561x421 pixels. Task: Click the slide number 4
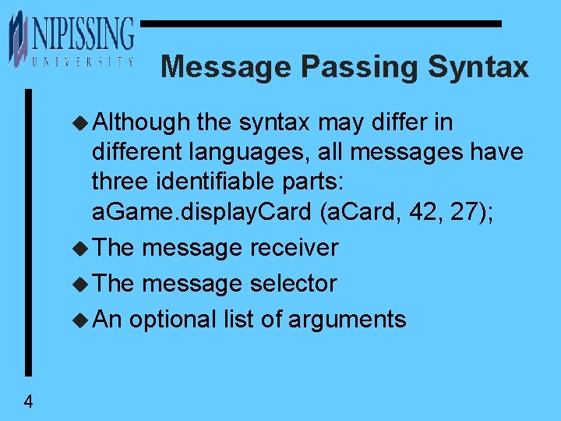(x=28, y=402)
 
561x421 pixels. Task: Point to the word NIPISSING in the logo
(x=83, y=35)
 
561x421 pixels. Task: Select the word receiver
(x=294, y=248)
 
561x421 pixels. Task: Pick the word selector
(x=293, y=284)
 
